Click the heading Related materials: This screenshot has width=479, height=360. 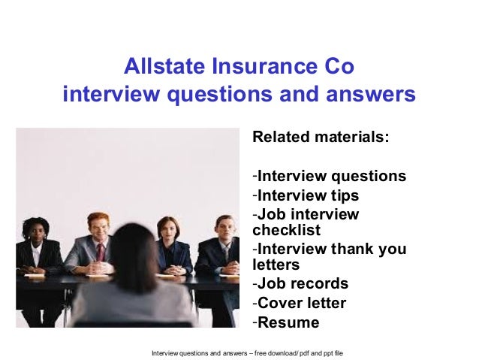(321, 138)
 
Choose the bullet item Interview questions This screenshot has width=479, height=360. (331, 177)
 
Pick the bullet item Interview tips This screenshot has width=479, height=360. (308, 195)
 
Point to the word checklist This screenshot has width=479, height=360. (286, 230)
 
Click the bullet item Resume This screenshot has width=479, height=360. (288, 323)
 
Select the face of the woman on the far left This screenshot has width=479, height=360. (35, 231)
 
